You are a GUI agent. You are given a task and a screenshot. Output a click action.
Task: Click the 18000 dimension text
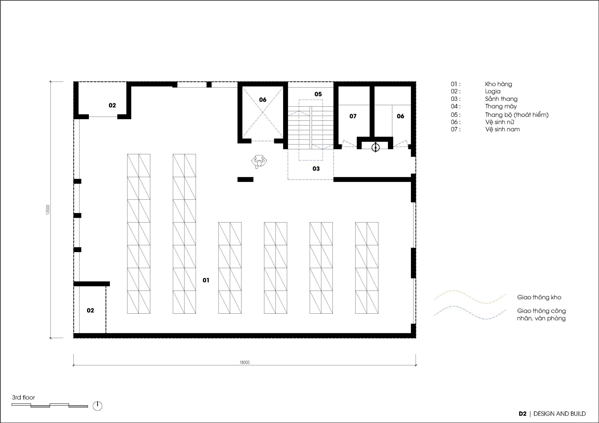pos(245,362)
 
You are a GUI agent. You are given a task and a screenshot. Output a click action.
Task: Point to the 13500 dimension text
pos(47,210)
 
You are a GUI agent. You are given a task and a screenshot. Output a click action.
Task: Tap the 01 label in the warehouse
pos(206,280)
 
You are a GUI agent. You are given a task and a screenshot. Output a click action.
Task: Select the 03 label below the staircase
pos(316,169)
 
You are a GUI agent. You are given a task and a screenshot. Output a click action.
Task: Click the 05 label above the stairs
pos(318,94)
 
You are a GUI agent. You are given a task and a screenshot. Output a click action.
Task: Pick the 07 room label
pos(353,116)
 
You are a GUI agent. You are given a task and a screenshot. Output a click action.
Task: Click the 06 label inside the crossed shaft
pos(263,100)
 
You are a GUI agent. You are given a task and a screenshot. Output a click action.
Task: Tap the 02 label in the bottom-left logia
pos(90,310)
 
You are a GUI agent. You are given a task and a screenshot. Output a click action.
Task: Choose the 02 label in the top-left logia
pos(112,105)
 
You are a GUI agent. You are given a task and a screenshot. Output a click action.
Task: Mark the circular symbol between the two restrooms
pos(375,147)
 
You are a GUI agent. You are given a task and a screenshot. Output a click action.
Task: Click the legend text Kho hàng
pos(498,84)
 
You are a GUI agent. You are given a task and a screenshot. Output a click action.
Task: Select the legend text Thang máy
pos(501,106)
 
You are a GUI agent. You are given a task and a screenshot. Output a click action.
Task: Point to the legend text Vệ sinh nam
pos(502,129)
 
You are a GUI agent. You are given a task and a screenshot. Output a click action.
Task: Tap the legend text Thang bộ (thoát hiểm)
pos(517,115)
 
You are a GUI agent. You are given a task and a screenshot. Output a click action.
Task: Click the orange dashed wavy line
pos(470,297)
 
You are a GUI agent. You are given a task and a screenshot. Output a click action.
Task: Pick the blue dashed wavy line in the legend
pos(470,312)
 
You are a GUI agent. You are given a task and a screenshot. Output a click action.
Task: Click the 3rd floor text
pos(23,398)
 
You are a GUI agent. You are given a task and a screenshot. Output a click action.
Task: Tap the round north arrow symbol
pos(98,406)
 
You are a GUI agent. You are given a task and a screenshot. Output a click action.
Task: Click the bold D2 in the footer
pos(522,414)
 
